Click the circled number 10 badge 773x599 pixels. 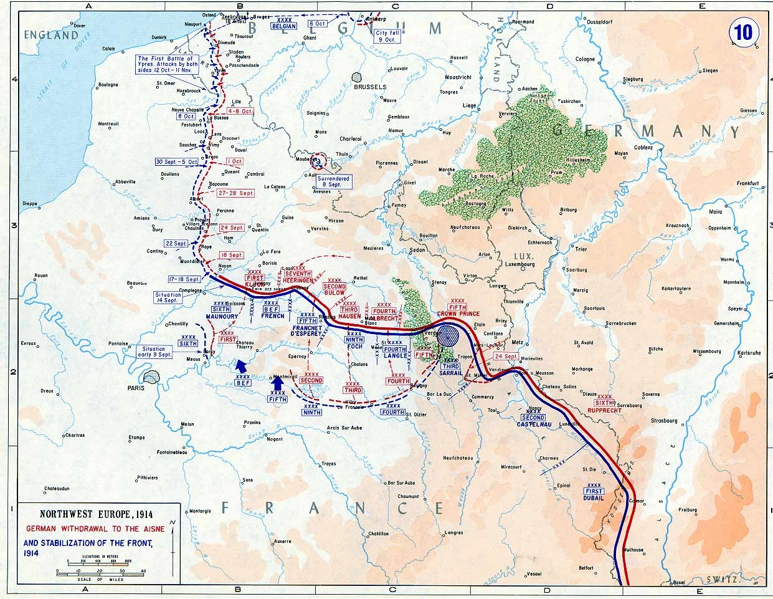743,32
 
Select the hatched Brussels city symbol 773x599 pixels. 357,77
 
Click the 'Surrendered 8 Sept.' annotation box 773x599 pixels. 333,181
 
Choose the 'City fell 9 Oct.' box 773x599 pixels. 386,36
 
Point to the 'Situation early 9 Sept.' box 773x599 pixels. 153,352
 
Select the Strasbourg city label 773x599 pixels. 663,421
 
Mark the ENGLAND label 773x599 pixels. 51,35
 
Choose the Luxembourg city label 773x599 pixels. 519,264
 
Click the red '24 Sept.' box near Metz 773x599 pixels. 506,356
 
